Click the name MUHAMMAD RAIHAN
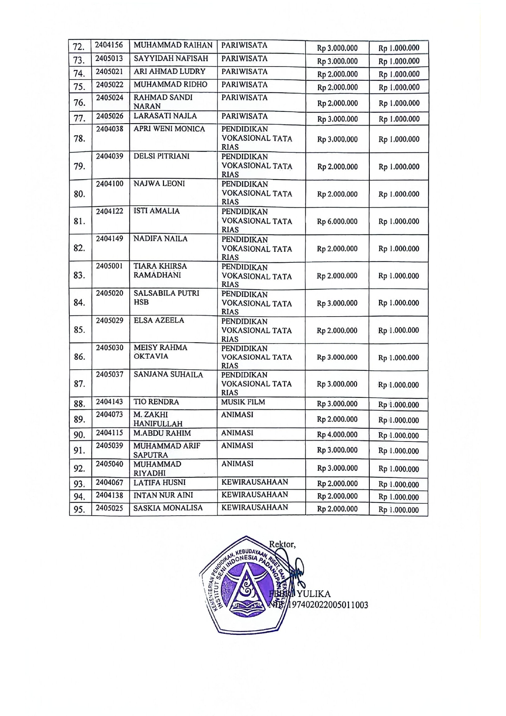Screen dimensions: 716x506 [x=173, y=45]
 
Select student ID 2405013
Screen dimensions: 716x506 [x=109, y=58]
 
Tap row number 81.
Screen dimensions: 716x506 [x=80, y=221]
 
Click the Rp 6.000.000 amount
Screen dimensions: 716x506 [x=337, y=222]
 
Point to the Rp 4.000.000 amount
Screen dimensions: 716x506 [x=337, y=434]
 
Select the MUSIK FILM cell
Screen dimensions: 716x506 [x=243, y=402]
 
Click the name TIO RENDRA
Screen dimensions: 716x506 [x=156, y=402]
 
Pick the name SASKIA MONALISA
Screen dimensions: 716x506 [x=168, y=508]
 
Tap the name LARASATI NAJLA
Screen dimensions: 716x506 [x=165, y=116]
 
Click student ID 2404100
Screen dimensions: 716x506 [x=109, y=184]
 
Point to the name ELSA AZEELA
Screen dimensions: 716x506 [x=159, y=320]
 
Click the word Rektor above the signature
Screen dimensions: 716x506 [x=282, y=544]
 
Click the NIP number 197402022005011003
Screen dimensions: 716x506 [x=328, y=605]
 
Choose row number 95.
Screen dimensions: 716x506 [x=80, y=510]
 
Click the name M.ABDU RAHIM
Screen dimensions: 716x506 [x=162, y=433]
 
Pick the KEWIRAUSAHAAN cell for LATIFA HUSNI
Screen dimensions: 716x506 [x=255, y=482]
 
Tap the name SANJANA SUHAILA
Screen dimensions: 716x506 [x=168, y=375]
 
